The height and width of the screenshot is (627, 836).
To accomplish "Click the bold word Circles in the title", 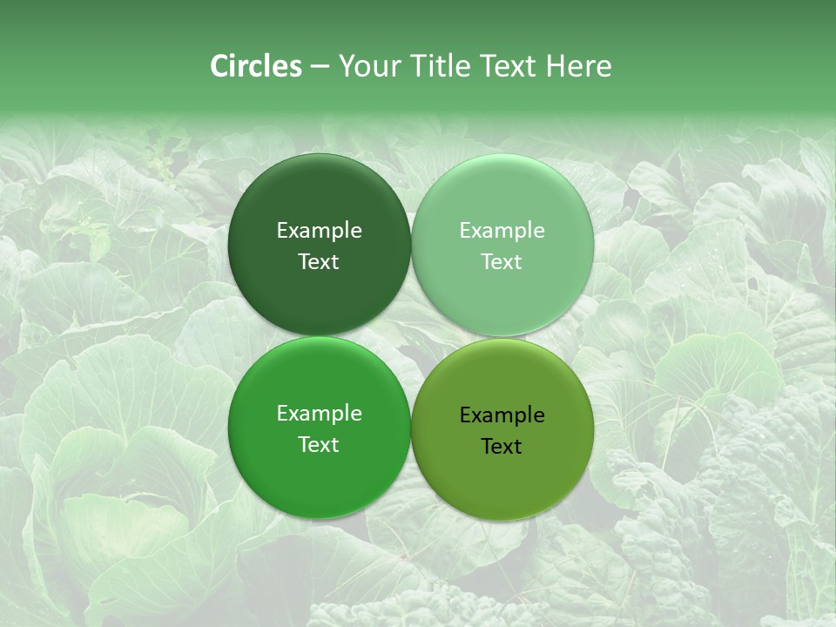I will (x=256, y=66).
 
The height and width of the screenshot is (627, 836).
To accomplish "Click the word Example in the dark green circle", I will (x=319, y=231).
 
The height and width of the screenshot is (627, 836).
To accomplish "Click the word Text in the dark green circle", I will (x=319, y=262).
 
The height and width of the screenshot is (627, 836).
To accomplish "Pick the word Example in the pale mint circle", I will (x=502, y=231).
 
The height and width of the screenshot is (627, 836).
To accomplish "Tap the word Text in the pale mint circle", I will (x=502, y=262).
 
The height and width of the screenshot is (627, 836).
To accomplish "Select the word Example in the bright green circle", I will (x=319, y=414).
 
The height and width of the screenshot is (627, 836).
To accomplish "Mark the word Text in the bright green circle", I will (x=319, y=445).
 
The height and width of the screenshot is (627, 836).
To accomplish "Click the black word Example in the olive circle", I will (x=502, y=415).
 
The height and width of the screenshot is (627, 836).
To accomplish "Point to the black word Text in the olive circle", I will (x=502, y=447).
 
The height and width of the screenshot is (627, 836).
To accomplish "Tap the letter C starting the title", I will (x=219, y=66).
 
